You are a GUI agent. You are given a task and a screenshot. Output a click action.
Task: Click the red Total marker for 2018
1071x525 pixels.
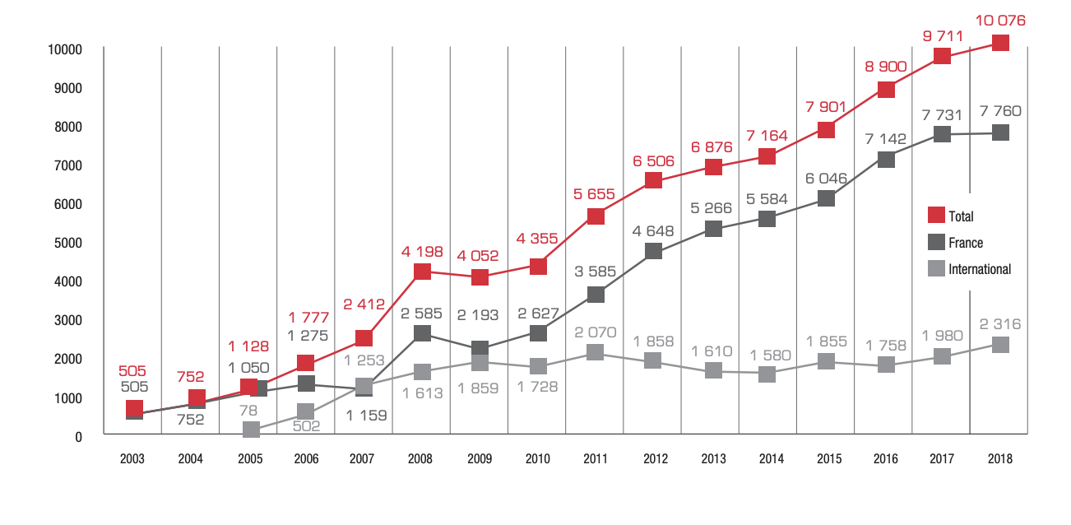(999, 43)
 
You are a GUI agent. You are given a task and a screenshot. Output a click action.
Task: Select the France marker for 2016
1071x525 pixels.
(885, 160)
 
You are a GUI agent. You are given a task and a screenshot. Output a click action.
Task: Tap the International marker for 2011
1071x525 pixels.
(596, 352)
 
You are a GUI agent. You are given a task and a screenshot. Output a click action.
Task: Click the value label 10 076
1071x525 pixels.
(999, 21)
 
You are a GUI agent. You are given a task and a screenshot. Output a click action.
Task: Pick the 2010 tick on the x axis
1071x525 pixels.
(537, 459)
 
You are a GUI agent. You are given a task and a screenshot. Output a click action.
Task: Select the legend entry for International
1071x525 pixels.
(979, 269)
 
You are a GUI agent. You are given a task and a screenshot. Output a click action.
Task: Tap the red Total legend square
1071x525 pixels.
(936, 216)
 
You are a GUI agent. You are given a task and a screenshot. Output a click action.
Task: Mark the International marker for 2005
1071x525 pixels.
(250, 430)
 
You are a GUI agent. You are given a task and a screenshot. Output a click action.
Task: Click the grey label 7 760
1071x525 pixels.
(999, 110)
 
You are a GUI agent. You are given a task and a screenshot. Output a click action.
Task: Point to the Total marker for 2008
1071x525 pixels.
(422, 272)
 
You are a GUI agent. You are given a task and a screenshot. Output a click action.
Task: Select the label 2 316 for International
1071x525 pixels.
(999, 324)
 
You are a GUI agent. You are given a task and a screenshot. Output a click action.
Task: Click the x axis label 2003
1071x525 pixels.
(132, 459)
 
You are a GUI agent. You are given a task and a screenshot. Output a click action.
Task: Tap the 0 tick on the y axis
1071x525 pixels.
(79, 437)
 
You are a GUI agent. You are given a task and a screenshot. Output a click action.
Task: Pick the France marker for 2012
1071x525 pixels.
(654, 251)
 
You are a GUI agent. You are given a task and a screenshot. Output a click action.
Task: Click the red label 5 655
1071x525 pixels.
(596, 194)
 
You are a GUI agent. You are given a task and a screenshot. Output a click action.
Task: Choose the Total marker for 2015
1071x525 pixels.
(827, 129)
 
